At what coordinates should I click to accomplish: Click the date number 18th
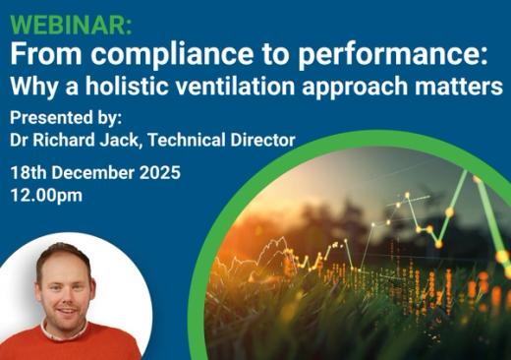coord(29,172)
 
